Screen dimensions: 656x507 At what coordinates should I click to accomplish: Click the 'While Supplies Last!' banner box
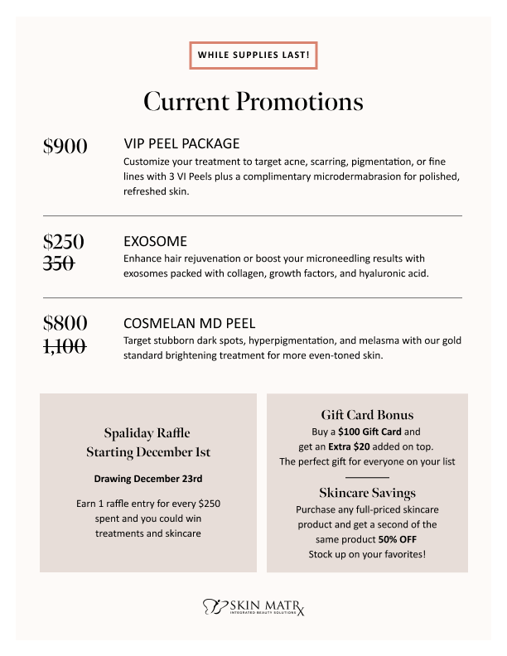pos(253,55)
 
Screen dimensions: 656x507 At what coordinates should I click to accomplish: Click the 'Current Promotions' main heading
pos(253,101)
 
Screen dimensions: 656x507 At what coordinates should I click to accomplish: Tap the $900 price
pos(65,147)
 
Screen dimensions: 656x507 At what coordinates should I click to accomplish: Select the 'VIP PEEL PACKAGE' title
pos(181,144)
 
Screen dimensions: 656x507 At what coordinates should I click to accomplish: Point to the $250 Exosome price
pos(64,242)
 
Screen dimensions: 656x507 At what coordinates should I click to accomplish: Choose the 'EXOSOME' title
pos(155,242)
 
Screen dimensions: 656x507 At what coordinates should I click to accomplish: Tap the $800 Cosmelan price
pos(65,322)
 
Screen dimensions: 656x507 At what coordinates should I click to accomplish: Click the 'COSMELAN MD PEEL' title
pos(189,323)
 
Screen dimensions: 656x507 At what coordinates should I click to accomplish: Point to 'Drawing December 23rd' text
pos(148,479)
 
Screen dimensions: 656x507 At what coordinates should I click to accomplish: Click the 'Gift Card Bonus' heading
pos(367,415)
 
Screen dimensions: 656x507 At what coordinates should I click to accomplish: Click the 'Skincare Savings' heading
pos(367,494)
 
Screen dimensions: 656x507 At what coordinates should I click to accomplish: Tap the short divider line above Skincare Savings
pos(367,478)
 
